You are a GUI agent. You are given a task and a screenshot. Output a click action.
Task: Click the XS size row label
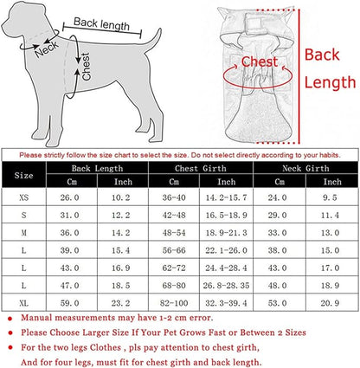tap(24, 197)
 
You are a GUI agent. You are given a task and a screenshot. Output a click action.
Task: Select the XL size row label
tap(24, 303)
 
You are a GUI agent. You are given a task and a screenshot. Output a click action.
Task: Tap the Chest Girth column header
tap(201, 168)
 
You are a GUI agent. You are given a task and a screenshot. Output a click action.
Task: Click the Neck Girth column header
tap(305, 168)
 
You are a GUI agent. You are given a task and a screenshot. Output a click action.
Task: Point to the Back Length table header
tap(97, 168)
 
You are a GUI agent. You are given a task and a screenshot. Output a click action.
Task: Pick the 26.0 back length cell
tap(69, 197)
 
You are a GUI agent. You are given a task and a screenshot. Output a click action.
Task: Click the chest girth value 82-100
tap(174, 303)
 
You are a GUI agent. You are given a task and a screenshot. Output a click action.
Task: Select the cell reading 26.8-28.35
tap(226, 286)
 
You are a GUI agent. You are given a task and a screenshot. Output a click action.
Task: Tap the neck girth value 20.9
tap(330, 303)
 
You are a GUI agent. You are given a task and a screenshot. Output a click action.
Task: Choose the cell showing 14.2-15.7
tap(226, 197)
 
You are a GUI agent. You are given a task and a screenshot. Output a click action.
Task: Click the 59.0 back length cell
tap(69, 303)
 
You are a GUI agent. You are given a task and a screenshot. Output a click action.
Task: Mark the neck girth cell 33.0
tap(277, 233)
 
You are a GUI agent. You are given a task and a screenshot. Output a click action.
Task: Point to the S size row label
tap(24, 215)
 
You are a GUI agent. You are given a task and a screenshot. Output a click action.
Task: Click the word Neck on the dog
tap(46, 48)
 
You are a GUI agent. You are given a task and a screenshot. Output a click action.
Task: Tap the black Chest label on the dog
tap(87, 67)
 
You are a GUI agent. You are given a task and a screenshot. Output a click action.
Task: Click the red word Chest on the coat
tap(260, 61)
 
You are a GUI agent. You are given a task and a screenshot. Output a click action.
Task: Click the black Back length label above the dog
tap(102, 24)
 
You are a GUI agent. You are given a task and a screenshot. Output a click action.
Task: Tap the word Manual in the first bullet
tap(36, 318)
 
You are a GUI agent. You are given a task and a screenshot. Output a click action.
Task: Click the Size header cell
tap(23, 175)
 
